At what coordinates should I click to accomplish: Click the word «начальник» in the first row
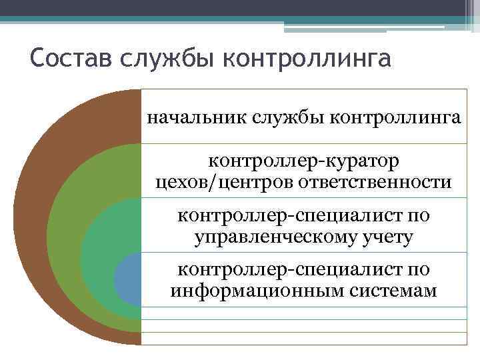point(196,119)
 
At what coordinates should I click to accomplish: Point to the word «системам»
point(389,291)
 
